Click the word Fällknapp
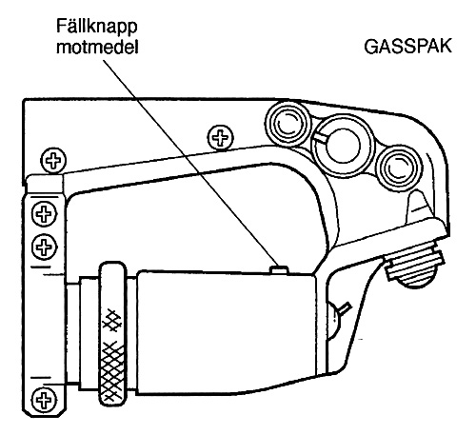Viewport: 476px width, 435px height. pyautogui.click(x=97, y=27)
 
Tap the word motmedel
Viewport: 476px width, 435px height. pyautogui.click(x=97, y=48)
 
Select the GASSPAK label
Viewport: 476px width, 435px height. pyautogui.click(x=407, y=47)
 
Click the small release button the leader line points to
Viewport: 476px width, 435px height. pyautogui.click(x=279, y=270)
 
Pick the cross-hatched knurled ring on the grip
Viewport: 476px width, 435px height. pyautogui.click(x=112, y=334)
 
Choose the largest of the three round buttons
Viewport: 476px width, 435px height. pyautogui.click(x=344, y=146)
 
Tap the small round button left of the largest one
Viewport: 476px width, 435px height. pyautogui.click(x=288, y=124)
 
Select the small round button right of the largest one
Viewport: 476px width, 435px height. pyautogui.click(x=401, y=168)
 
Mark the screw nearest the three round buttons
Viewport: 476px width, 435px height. pyautogui.click(x=220, y=138)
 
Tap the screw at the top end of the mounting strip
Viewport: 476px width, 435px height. pyautogui.click(x=53, y=161)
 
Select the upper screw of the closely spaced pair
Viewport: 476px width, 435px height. pyautogui.click(x=45, y=213)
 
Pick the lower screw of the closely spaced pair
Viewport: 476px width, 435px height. pyautogui.click(x=45, y=247)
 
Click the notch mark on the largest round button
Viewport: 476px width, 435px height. pyautogui.click(x=321, y=138)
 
